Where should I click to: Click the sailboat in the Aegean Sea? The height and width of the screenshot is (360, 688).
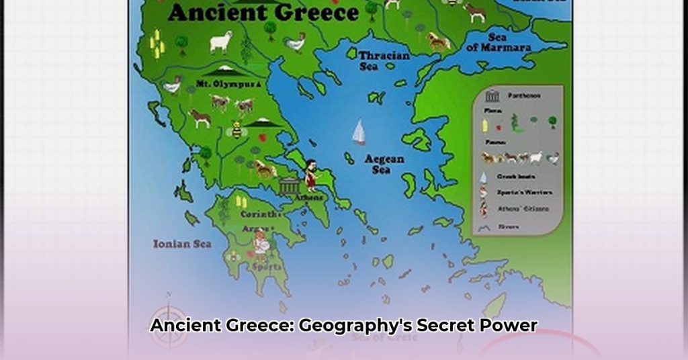tap(359, 132)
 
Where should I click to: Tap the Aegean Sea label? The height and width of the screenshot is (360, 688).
tap(384, 164)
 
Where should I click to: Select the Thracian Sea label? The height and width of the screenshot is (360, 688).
tap(384, 60)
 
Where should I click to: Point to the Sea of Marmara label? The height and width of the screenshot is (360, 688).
tap(499, 42)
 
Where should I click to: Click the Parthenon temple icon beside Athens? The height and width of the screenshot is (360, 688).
tap(290, 185)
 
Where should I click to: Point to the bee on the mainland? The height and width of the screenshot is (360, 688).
tap(236, 130)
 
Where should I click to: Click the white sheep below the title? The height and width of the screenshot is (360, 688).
tap(221, 42)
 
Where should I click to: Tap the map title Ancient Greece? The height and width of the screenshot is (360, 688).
tap(263, 12)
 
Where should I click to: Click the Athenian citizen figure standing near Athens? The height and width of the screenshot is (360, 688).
tap(310, 174)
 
